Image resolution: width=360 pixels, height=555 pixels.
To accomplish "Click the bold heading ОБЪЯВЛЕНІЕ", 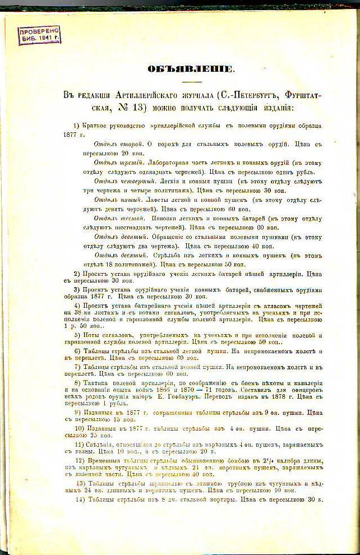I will coord(191,69).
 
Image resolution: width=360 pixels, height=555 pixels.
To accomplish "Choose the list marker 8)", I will coord(78,382).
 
